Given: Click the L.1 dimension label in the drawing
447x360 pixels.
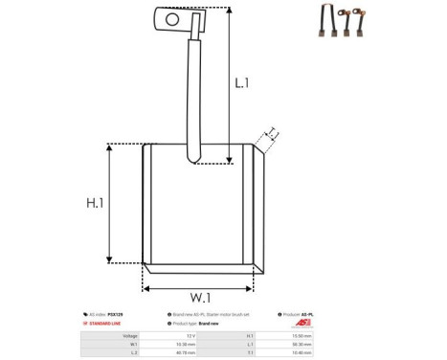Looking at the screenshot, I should click(243, 83).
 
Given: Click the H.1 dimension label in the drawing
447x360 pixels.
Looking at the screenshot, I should click(95, 203).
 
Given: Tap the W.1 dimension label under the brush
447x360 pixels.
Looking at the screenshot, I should click(200, 297).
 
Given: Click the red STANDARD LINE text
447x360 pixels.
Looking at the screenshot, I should click(107, 325).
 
